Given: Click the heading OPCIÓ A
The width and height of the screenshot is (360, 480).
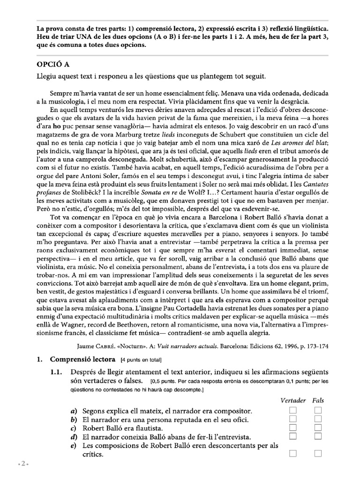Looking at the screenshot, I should (x=54, y=63).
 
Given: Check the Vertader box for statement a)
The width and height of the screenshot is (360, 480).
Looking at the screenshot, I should (x=293, y=411).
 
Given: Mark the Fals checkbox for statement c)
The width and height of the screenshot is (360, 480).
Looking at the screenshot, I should (x=319, y=427).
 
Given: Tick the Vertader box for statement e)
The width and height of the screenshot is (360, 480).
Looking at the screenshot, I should (x=293, y=453).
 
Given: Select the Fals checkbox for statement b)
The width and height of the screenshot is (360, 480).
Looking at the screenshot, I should (x=319, y=419).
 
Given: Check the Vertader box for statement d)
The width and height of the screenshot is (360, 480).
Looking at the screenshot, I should (x=293, y=436).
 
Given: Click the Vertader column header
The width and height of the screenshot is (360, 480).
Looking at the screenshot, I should (x=293, y=401).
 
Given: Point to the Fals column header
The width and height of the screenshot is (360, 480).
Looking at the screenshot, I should (x=319, y=401).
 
